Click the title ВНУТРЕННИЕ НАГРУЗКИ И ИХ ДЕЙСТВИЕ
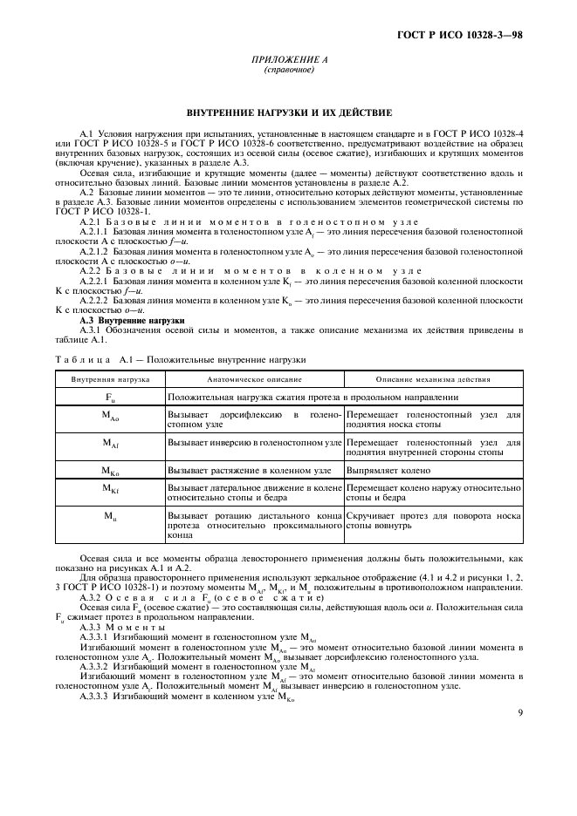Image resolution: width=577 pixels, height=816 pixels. (x=288, y=113)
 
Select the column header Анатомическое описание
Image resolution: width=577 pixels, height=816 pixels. (x=254, y=380)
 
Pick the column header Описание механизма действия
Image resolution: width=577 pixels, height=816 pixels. (x=433, y=380)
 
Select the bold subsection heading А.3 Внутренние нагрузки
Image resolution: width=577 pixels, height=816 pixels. (x=124, y=321)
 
